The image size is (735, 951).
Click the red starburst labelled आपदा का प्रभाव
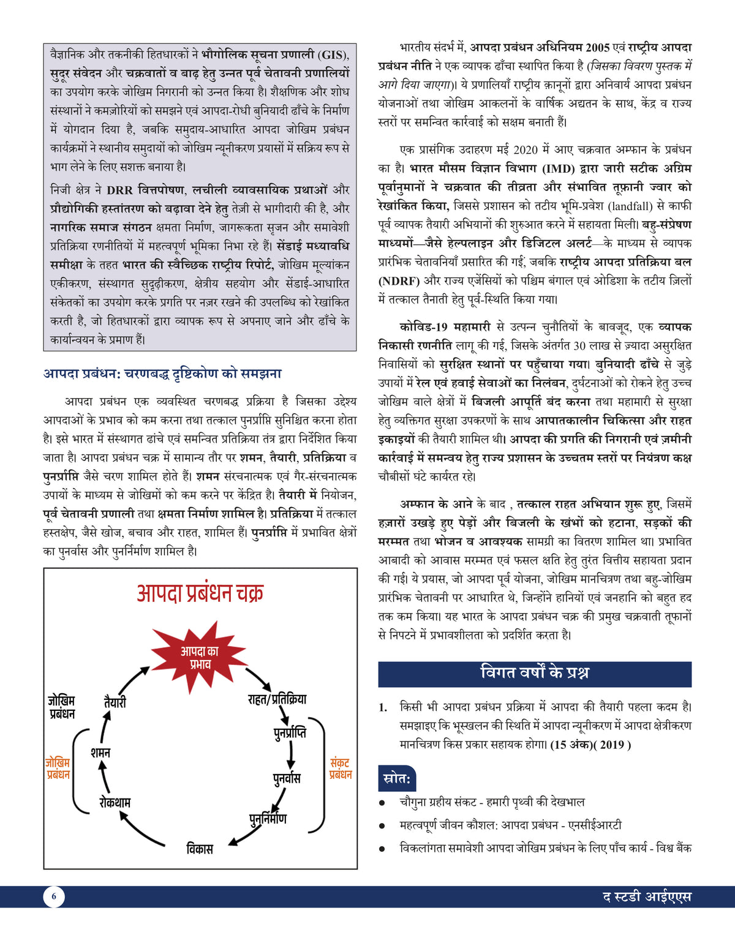click(200, 658)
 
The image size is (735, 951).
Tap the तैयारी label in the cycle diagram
click(115, 702)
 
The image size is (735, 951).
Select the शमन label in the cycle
click(100, 752)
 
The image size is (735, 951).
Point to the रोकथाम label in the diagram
click(115, 802)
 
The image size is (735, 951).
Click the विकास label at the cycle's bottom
click(200, 849)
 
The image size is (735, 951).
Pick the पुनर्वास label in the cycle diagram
click(287, 778)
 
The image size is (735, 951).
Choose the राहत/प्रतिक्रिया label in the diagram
click(277, 699)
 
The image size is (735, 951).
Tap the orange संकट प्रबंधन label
click(340, 769)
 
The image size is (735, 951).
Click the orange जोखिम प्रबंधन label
click(58, 769)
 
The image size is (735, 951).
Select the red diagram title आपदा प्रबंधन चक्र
click(200, 593)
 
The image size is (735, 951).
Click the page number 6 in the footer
click(54, 896)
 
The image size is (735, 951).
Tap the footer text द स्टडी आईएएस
click(647, 897)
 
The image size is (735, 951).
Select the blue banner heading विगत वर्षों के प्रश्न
click(535, 673)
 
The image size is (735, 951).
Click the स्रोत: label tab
click(397, 779)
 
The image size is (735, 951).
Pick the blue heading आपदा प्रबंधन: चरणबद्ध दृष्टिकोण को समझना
click(162, 374)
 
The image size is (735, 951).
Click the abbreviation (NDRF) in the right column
click(399, 280)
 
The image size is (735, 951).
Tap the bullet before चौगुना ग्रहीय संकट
click(382, 803)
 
